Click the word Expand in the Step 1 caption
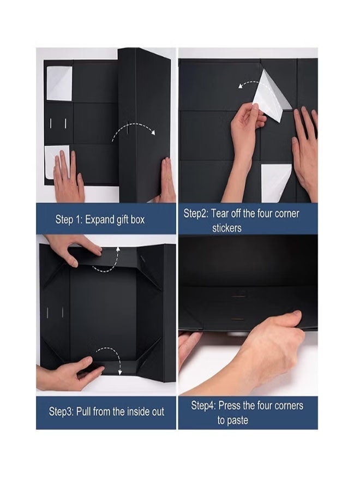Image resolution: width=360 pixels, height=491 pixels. (100, 219)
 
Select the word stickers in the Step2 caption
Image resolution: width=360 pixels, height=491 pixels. (227, 228)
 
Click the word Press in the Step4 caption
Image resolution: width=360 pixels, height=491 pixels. (230, 405)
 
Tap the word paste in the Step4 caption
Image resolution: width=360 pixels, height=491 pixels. (240, 420)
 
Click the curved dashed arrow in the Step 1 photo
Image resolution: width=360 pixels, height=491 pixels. (133, 128)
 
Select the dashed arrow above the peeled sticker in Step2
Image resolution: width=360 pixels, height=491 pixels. (249, 83)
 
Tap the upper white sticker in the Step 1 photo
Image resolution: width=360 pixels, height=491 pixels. (59, 83)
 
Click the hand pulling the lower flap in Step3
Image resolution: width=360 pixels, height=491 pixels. (69, 374)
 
